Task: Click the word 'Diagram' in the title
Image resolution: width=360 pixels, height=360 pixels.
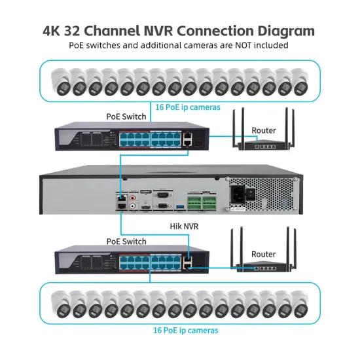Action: [x=278, y=30]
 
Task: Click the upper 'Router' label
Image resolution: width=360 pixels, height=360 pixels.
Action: [x=263, y=130]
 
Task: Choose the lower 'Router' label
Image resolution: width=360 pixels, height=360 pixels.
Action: [x=263, y=253]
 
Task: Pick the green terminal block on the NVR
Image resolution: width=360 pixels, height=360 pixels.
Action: [x=202, y=199]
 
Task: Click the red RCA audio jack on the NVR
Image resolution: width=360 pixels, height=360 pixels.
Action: [x=133, y=194]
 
